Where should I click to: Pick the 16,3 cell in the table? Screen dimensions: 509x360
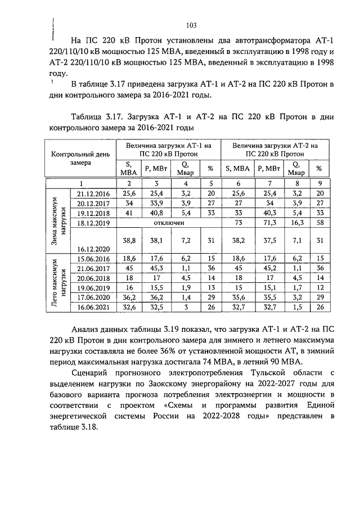[295, 222]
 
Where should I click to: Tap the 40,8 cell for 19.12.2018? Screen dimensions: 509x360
[156, 213]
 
